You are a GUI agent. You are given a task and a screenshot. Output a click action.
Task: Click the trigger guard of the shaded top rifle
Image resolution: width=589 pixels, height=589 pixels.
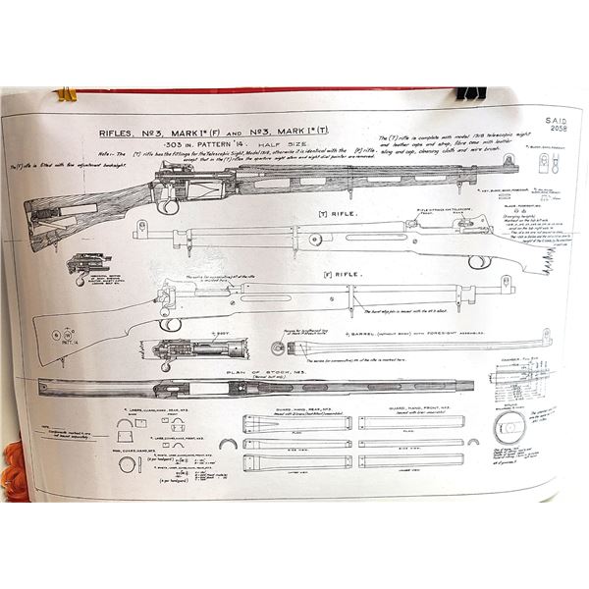(169, 206)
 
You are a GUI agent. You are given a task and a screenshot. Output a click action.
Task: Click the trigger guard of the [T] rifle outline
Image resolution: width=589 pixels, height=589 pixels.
(479, 262)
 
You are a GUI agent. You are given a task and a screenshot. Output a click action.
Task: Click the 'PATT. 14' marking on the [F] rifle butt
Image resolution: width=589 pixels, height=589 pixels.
(66, 341)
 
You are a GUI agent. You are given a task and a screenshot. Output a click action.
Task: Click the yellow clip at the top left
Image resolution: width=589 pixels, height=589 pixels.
(67, 95)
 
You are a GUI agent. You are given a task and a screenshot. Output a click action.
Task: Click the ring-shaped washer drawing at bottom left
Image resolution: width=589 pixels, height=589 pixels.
(128, 464)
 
